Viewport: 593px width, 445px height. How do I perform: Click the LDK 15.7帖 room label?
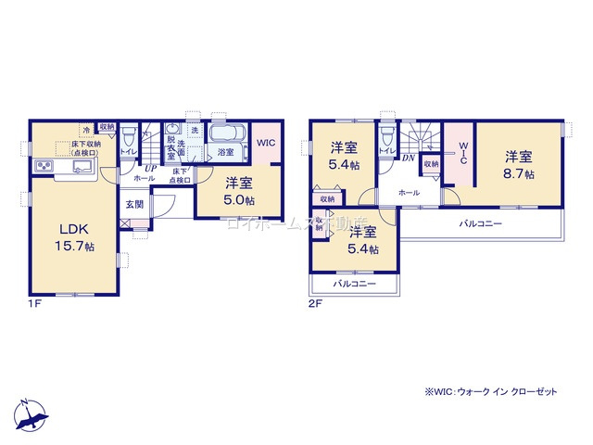click(76, 237)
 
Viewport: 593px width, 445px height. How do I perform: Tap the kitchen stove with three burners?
click(44, 166)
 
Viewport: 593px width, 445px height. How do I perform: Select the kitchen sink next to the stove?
click(79, 167)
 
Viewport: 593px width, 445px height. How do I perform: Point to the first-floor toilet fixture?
click(130, 134)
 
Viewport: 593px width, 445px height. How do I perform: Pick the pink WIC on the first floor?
click(265, 144)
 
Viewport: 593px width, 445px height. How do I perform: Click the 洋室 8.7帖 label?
click(519, 165)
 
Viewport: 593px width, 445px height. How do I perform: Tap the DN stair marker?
click(407, 159)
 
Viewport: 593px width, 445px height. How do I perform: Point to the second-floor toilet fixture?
click(387, 135)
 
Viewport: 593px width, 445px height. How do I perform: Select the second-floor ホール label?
click(408, 193)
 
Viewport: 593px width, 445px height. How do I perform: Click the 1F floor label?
click(34, 303)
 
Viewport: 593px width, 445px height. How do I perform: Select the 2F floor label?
click(315, 303)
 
